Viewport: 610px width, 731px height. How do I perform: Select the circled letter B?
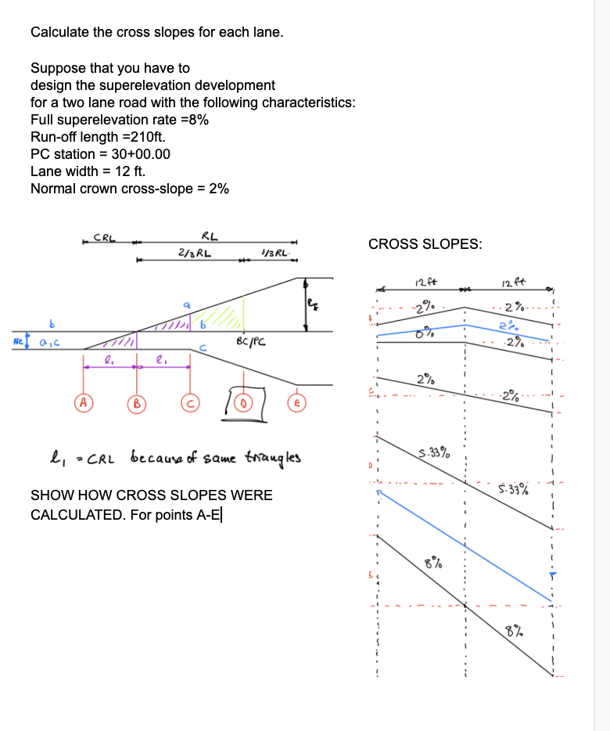tap(135, 405)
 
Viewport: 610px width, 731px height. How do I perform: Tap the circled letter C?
tap(188, 404)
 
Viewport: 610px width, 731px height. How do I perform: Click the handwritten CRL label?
tap(105, 238)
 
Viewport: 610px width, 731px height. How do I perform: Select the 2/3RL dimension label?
tap(192, 252)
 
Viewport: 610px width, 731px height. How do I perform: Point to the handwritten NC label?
tap(17, 342)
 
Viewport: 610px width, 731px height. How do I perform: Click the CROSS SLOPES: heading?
tap(425, 244)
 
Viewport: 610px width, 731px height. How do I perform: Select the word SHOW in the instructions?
tap(48, 495)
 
